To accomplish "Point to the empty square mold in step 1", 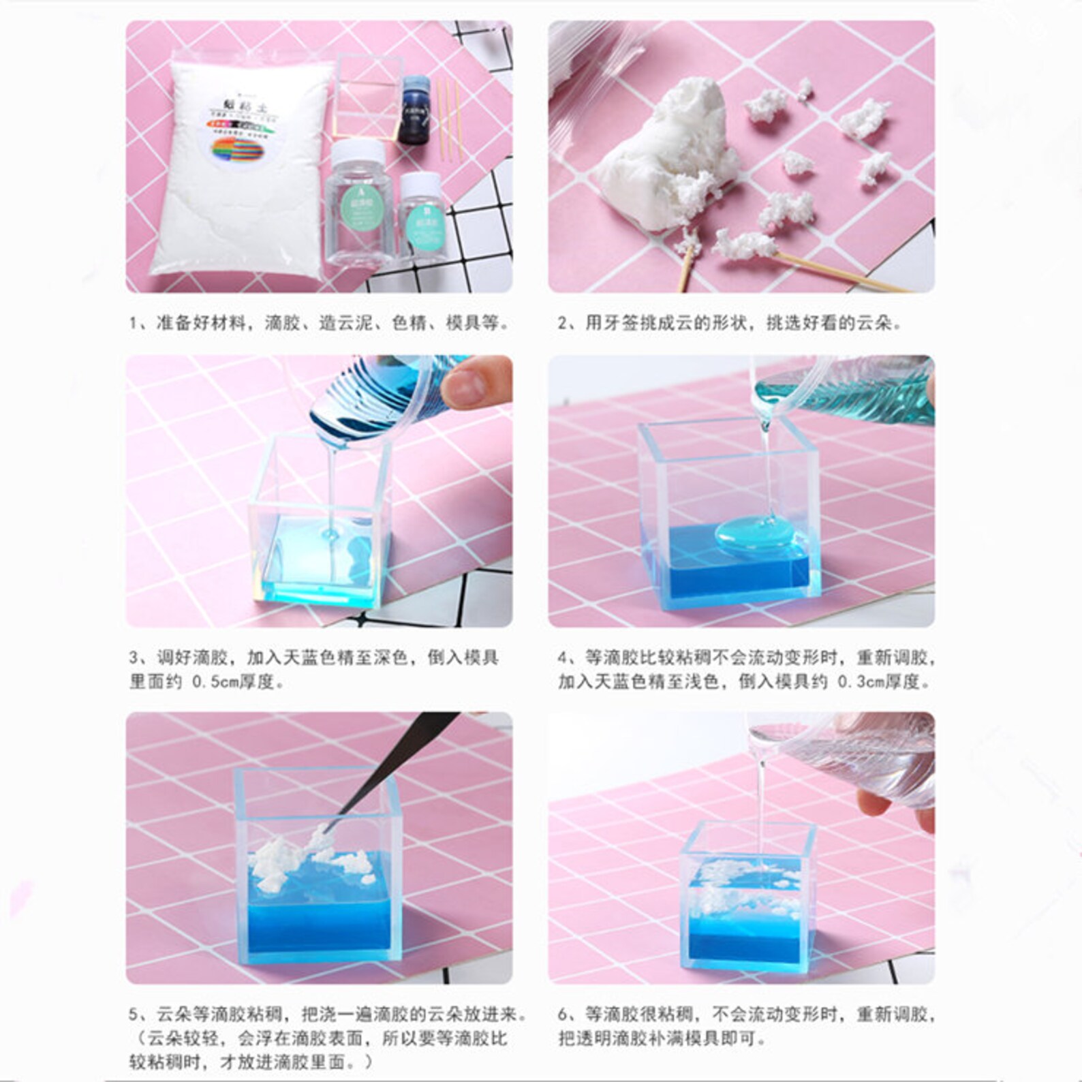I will [x=365, y=95].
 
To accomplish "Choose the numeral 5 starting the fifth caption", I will [x=134, y=1015].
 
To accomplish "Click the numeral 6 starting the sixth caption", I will [x=563, y=1015].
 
